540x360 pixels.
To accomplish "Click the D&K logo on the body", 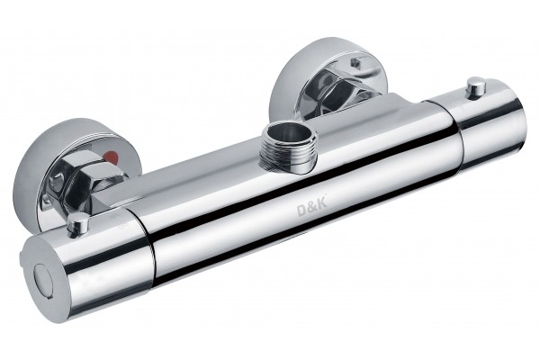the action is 311,208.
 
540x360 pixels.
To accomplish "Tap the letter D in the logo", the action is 301,211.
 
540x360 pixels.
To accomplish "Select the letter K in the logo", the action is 321,205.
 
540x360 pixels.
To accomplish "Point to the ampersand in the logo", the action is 311,208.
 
